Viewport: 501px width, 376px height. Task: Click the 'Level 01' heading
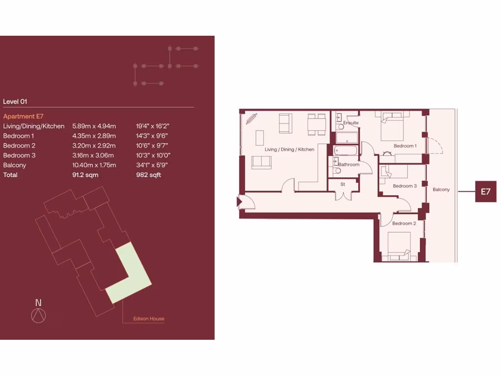[x=15, y=102]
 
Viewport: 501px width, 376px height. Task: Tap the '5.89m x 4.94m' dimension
[x=94, y=126]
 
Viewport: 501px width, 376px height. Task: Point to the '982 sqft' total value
[x=148, y=175]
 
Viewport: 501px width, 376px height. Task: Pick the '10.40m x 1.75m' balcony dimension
[x=94, y=165]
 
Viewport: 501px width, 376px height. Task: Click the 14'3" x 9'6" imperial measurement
[x=153, y=136]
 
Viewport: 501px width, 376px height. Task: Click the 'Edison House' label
[x=149, y=319]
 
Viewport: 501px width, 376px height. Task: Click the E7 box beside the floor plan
[x=485, y=191]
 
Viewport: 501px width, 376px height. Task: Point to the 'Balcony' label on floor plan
[x=441, y=189]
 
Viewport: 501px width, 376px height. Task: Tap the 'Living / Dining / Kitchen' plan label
[x=289, y=149]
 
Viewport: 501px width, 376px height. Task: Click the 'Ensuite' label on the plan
[x=351, y=123]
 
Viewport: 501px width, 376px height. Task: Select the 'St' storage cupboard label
[x=343, y=184]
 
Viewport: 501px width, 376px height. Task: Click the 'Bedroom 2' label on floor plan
[x=404, y=223]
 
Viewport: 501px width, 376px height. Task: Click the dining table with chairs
[x=317, y=124]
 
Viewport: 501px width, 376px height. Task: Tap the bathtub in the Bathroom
[x=346, y=150]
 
